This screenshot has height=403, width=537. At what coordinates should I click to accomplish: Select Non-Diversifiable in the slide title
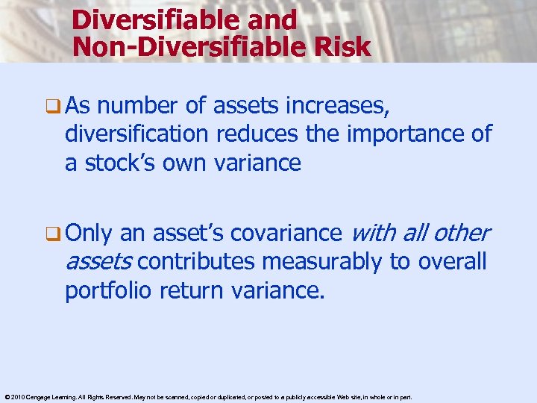[184, 46]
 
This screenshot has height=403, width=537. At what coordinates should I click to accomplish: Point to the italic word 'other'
[460, 234]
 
